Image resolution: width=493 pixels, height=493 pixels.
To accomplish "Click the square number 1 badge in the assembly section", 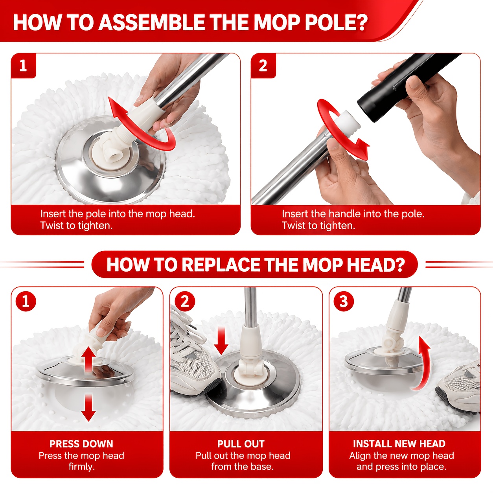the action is coord(23,66).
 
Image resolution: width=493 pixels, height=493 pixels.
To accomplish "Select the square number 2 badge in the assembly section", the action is coord(263,66).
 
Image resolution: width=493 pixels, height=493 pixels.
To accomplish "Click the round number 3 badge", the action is coord(344,301).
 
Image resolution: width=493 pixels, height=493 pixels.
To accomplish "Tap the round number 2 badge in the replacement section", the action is coord(185,301).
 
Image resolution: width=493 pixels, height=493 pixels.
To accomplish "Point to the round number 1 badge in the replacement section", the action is coord(26,301).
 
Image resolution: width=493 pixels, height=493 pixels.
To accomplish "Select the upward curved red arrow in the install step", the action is coord(422,363).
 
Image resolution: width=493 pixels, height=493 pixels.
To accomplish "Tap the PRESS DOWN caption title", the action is coord(81,444).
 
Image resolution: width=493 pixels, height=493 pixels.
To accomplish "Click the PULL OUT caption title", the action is coord(241,444).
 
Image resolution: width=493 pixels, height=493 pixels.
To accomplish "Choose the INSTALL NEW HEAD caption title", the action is coord(399,443).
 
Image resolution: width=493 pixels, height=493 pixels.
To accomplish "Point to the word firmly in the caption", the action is coord(82,466).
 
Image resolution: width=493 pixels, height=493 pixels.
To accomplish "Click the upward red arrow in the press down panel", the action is coord(88,359).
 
